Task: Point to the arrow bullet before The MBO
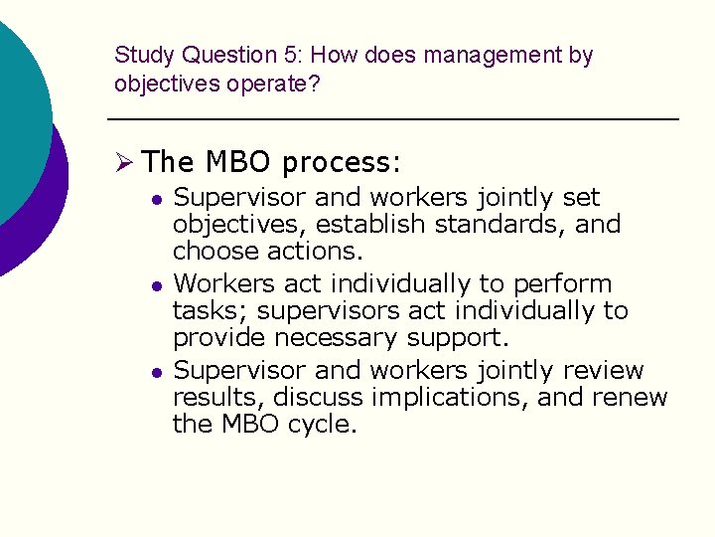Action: tap(126, 161)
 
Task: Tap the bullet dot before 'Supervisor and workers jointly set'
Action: tap(156, 199)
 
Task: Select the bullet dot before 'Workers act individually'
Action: tap(156, 285)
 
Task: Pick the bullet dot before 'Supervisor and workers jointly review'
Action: tap(156, 372)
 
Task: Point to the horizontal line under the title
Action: tap(392, 120)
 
